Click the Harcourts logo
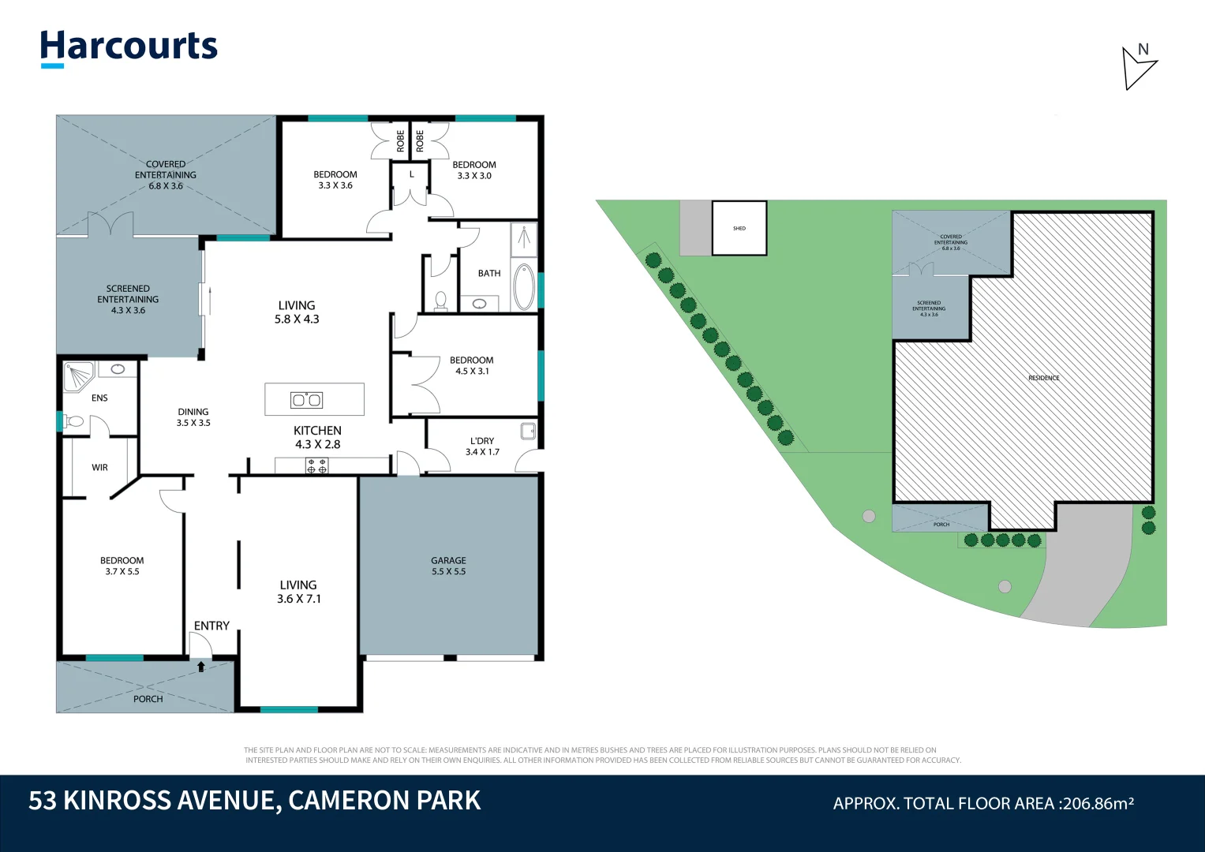(129, 47)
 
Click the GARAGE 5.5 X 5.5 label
(448, 566)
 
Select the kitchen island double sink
(307, 400)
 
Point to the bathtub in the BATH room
(524, 287)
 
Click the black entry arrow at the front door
(201, 667)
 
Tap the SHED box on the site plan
(739, 228)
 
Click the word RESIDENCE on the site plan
(1043, 378)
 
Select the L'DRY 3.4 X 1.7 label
(482, 447)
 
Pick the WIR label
(99, 467)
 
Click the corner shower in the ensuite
(78, 375)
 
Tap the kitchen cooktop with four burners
(316, 466)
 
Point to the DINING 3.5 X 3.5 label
(193, 417)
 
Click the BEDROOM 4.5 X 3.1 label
(472, 365)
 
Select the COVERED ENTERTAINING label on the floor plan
(166, 175)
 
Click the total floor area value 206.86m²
(1098, 803)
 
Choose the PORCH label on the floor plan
(148, 699)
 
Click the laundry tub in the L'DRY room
(528, 431)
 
